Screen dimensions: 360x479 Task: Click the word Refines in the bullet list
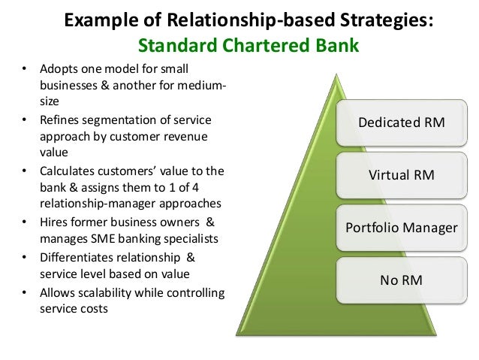(57, 120)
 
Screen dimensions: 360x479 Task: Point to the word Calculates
(66, 171)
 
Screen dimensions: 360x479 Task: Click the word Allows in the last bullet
(55, 291)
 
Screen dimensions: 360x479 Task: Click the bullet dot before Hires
(24, 222)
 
